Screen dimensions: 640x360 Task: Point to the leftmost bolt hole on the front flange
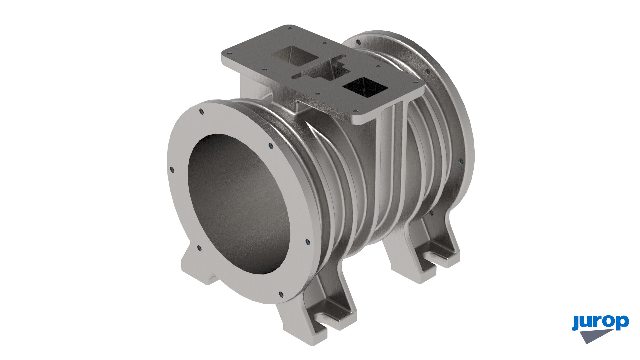172,170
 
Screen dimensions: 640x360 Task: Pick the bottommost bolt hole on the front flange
281,294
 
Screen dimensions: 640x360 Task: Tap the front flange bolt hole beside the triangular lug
199,248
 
